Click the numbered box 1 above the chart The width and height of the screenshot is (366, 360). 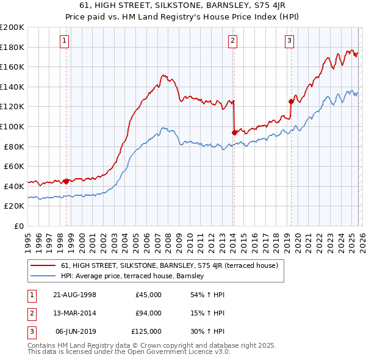tap(64, 41)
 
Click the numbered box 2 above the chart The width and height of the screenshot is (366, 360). tap(233, 41)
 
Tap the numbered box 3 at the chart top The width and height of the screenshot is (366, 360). tap(289, 41)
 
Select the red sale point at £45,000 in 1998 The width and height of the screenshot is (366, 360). tap(66, 181)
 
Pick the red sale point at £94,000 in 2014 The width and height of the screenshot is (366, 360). tap(234, 132)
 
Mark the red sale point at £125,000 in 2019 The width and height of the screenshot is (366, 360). tap(291, 101)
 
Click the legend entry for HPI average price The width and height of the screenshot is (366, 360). tap(132, 276)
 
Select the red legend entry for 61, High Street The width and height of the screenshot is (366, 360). tap(169, 265)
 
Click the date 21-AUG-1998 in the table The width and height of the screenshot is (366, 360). tap(74, 295)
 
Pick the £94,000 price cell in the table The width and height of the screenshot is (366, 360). tap(148, 313)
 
